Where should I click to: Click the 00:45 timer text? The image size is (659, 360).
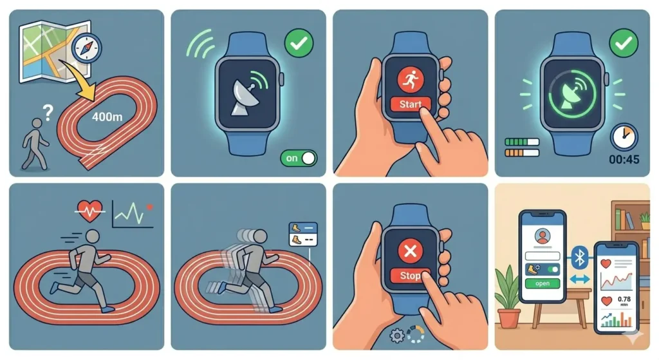click(622, 159)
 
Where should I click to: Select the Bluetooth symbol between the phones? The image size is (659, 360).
click(579, 258)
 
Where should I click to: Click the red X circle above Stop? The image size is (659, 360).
click(410, 251)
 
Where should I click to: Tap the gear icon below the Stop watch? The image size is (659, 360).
click(397, 335)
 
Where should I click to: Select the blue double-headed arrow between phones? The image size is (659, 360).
click(579, 279)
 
